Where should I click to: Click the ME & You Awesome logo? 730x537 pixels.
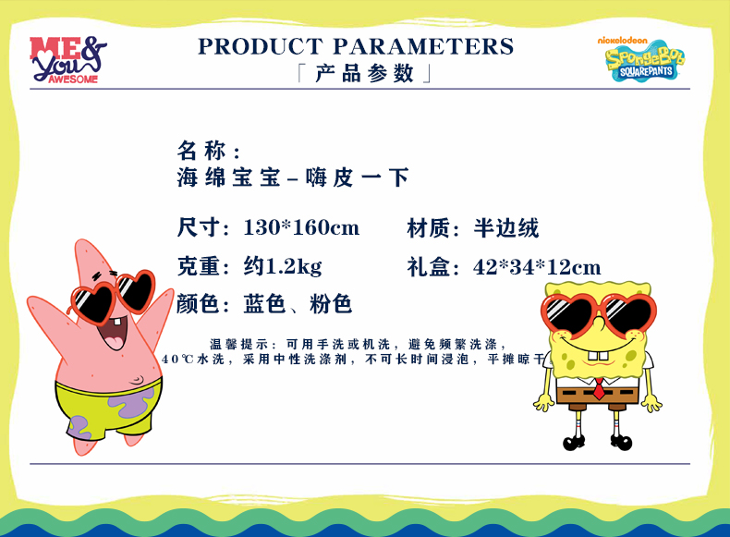(68, 59)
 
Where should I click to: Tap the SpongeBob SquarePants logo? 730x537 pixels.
(645, 62)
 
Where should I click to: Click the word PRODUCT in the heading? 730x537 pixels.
(261, 46)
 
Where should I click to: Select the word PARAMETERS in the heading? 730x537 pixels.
(423, 46)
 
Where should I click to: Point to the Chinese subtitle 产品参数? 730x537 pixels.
(364, 74)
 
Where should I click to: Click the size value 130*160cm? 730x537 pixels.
(301, 227)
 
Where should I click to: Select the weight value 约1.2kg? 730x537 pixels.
(283, 267)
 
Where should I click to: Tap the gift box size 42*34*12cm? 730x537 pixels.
(537, 267)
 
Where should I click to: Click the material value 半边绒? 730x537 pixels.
(506, 228)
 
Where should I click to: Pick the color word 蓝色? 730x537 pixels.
(264, 304)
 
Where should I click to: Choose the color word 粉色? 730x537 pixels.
(331, 304)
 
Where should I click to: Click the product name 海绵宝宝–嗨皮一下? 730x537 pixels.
(293, 177)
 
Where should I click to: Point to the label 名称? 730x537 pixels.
(201, 151)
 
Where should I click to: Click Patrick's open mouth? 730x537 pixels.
(113, 333)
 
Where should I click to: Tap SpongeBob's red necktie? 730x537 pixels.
(599, 389)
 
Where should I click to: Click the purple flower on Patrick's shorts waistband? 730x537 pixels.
(132, 401)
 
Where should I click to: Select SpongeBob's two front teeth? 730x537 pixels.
(598, 355)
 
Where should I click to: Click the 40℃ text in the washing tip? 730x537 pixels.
(177, 360)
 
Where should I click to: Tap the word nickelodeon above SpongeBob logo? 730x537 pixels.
(623, 41)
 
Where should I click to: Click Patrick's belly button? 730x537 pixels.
(137, 380)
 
